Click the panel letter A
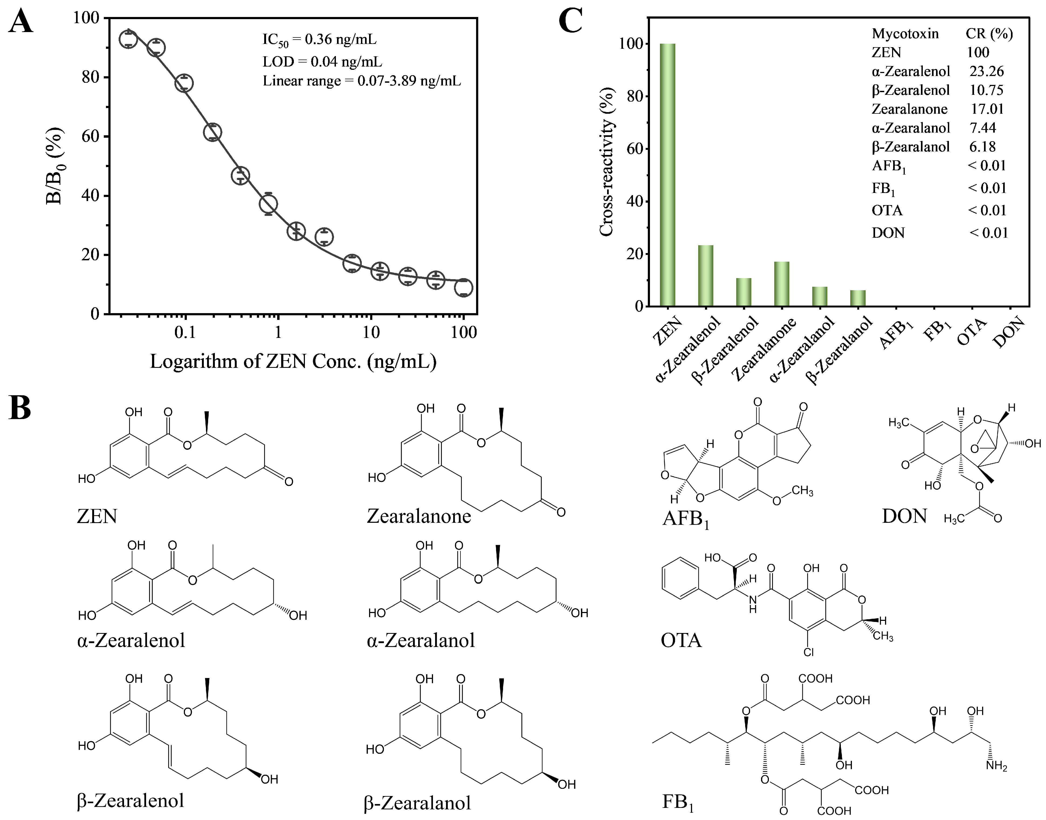[x=21, y=22]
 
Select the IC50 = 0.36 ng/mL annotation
[x=319, y=40]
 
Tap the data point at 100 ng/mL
[x=463, y=288]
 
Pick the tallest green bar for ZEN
[x=667, y=175]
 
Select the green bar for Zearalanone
[x=781, y=284]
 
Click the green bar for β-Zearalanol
[x=858, y=298]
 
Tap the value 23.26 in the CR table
[x=986, y=71]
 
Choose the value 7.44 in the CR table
[x=983, y=128]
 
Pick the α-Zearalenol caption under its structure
[x=131, y=641]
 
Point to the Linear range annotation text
[x=362, y=81]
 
